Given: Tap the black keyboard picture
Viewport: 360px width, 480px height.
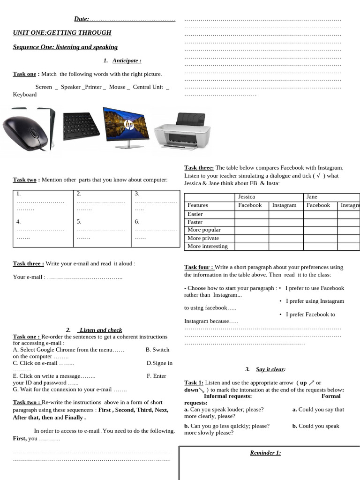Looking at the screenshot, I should pos(81,126).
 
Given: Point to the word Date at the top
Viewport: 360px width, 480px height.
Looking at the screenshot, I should pos(81,19).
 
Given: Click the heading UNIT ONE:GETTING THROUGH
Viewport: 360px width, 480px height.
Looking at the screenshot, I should pos(62,33).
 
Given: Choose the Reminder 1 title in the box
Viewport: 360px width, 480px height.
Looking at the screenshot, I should pos(265,453).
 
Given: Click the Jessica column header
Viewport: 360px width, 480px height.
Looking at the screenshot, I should pos(247,197).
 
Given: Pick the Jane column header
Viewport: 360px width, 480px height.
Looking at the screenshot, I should pos(312,197).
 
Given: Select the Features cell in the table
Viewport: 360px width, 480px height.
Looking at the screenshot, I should pos(198,205).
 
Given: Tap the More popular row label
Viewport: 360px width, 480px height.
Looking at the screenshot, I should pos(204,230).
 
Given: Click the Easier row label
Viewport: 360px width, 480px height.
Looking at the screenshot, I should pos(195,214).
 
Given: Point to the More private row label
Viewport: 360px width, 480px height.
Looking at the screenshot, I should pos(203,238).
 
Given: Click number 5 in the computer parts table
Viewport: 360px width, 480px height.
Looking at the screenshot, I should pos(79,222).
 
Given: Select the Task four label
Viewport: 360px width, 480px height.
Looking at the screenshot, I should pos(199,267).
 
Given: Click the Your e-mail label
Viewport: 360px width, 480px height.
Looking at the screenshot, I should pos(29,277).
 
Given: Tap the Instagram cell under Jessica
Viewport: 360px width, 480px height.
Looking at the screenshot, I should pos(284,205).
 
